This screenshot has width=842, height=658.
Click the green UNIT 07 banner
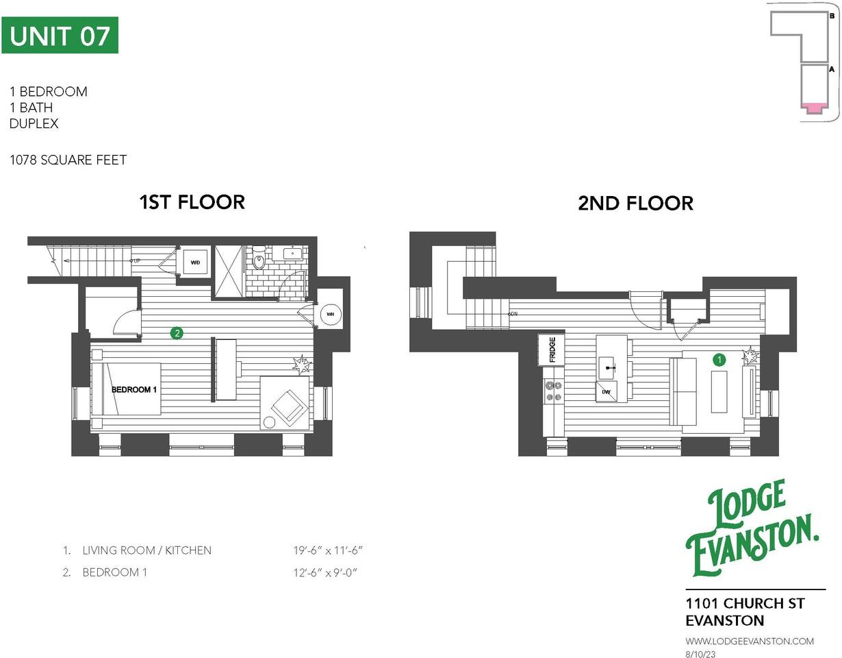coord(60,35)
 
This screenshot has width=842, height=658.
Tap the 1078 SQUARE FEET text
coord(68,160)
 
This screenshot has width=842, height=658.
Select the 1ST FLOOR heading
coord(192,202)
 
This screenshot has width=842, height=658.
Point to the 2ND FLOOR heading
coord(635,204)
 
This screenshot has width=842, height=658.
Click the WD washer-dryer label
coord(195,263)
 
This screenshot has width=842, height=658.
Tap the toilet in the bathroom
coord(258,257)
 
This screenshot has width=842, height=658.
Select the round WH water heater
coord(330,314)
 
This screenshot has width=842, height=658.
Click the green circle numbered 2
coord(177,333)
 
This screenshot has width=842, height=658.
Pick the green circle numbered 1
coord(719,360)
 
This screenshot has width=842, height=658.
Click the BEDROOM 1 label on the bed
coord(134,389)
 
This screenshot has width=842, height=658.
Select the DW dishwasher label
coord(606,392)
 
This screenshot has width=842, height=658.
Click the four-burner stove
coord(553,391)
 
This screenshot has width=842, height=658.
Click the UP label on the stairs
coord(136,260)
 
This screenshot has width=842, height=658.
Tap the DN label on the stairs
coord(514,313)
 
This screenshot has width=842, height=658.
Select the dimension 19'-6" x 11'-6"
coord(327,550)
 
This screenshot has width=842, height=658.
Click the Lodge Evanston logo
coord(752,528)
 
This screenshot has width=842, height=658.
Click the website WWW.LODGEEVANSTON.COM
coord(750,641)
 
